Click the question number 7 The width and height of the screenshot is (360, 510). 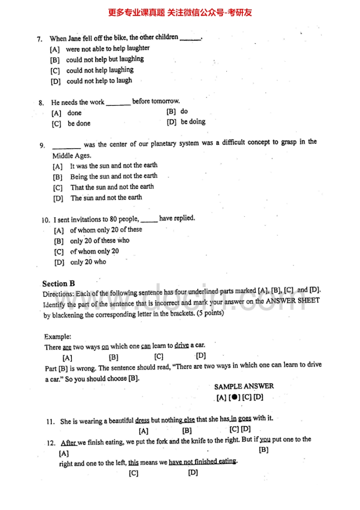click(x=40, y=39)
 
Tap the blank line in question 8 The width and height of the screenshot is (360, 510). click(x=118, y=103)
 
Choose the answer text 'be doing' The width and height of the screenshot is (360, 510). click(x=193, y=121)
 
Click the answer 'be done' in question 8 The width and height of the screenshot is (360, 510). click(x=79, y=123)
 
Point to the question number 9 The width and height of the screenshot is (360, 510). click(x=42, y=145)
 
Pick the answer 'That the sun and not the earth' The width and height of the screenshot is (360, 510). click(x=112, y=187)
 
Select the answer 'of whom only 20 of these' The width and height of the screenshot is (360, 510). click(x=106, y=230)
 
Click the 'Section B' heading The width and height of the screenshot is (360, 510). click(x=59, y=284)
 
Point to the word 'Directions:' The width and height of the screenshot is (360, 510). click(x=59, y=294)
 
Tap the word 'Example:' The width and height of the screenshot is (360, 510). click(x=58, y=337)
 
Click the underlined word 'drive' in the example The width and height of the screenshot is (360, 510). click(x=181, y=345)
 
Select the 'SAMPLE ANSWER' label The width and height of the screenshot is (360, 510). click(x=244, y=386)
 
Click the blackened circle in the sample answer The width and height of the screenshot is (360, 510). click(x=234, y=397)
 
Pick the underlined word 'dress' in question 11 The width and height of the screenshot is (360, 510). click(x=142, y=420)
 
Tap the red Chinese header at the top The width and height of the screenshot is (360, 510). click(x=180, y=12)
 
